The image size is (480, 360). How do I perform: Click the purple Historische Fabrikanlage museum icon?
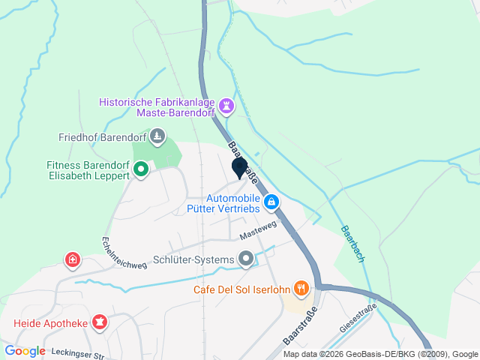(x=225, y=106)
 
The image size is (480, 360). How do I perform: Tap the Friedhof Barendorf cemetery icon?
(x=157, y=136)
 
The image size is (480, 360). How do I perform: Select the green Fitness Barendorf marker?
(x=140, y=170)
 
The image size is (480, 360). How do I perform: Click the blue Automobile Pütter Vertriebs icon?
(x=272, y=202)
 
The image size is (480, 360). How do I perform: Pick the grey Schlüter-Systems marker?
(x=246, y=259)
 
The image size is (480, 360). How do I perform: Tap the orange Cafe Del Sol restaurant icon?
(x=301, y=288)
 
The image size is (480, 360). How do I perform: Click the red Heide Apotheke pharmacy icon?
(x=98, y=323)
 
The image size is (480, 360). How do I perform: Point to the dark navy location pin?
(x=239, y=168)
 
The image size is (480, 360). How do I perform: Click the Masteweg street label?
(x=259, y=229)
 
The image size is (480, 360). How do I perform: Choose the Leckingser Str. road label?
(x=76, y=352)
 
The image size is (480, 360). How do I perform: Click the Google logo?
(x=25, y=350)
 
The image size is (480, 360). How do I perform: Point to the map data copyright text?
(x=381, y=354)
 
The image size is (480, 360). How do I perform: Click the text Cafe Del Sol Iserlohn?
(x=241, y=289)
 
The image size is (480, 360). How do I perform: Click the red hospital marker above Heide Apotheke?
(x=72, y=260)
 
